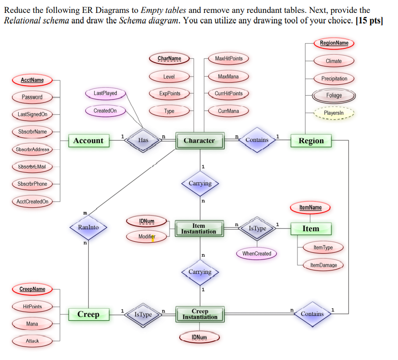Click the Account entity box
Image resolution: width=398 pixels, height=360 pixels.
point(88,141)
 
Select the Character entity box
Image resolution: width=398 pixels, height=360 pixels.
point(199,141)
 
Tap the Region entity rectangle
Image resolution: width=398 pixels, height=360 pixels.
point(311,141)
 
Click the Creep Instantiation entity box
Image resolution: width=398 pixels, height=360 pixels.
point(200,314)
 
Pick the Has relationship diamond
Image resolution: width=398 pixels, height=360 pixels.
point(143,140)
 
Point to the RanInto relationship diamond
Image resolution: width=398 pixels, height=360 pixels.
point(88,227)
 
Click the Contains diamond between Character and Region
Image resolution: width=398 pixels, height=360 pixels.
point(257,140)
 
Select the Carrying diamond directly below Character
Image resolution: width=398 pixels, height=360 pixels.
point(200,183)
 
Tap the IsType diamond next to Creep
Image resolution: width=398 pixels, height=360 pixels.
point(143,315)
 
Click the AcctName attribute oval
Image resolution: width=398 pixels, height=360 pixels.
point(33,80)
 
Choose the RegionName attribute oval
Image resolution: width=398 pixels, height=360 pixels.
point(334,43)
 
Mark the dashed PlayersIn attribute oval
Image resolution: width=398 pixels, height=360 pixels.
point(334,113)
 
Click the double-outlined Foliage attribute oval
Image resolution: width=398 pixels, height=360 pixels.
point(334,95)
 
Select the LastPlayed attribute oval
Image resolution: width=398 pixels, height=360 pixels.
point(105,93)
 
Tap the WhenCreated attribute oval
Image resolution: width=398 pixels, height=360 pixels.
point(257,254)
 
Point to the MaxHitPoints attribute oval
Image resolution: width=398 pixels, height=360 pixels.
point(229,58)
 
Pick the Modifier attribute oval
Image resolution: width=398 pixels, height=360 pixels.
point(147,236)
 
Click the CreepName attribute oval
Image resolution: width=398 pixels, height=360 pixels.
point(33,289)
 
